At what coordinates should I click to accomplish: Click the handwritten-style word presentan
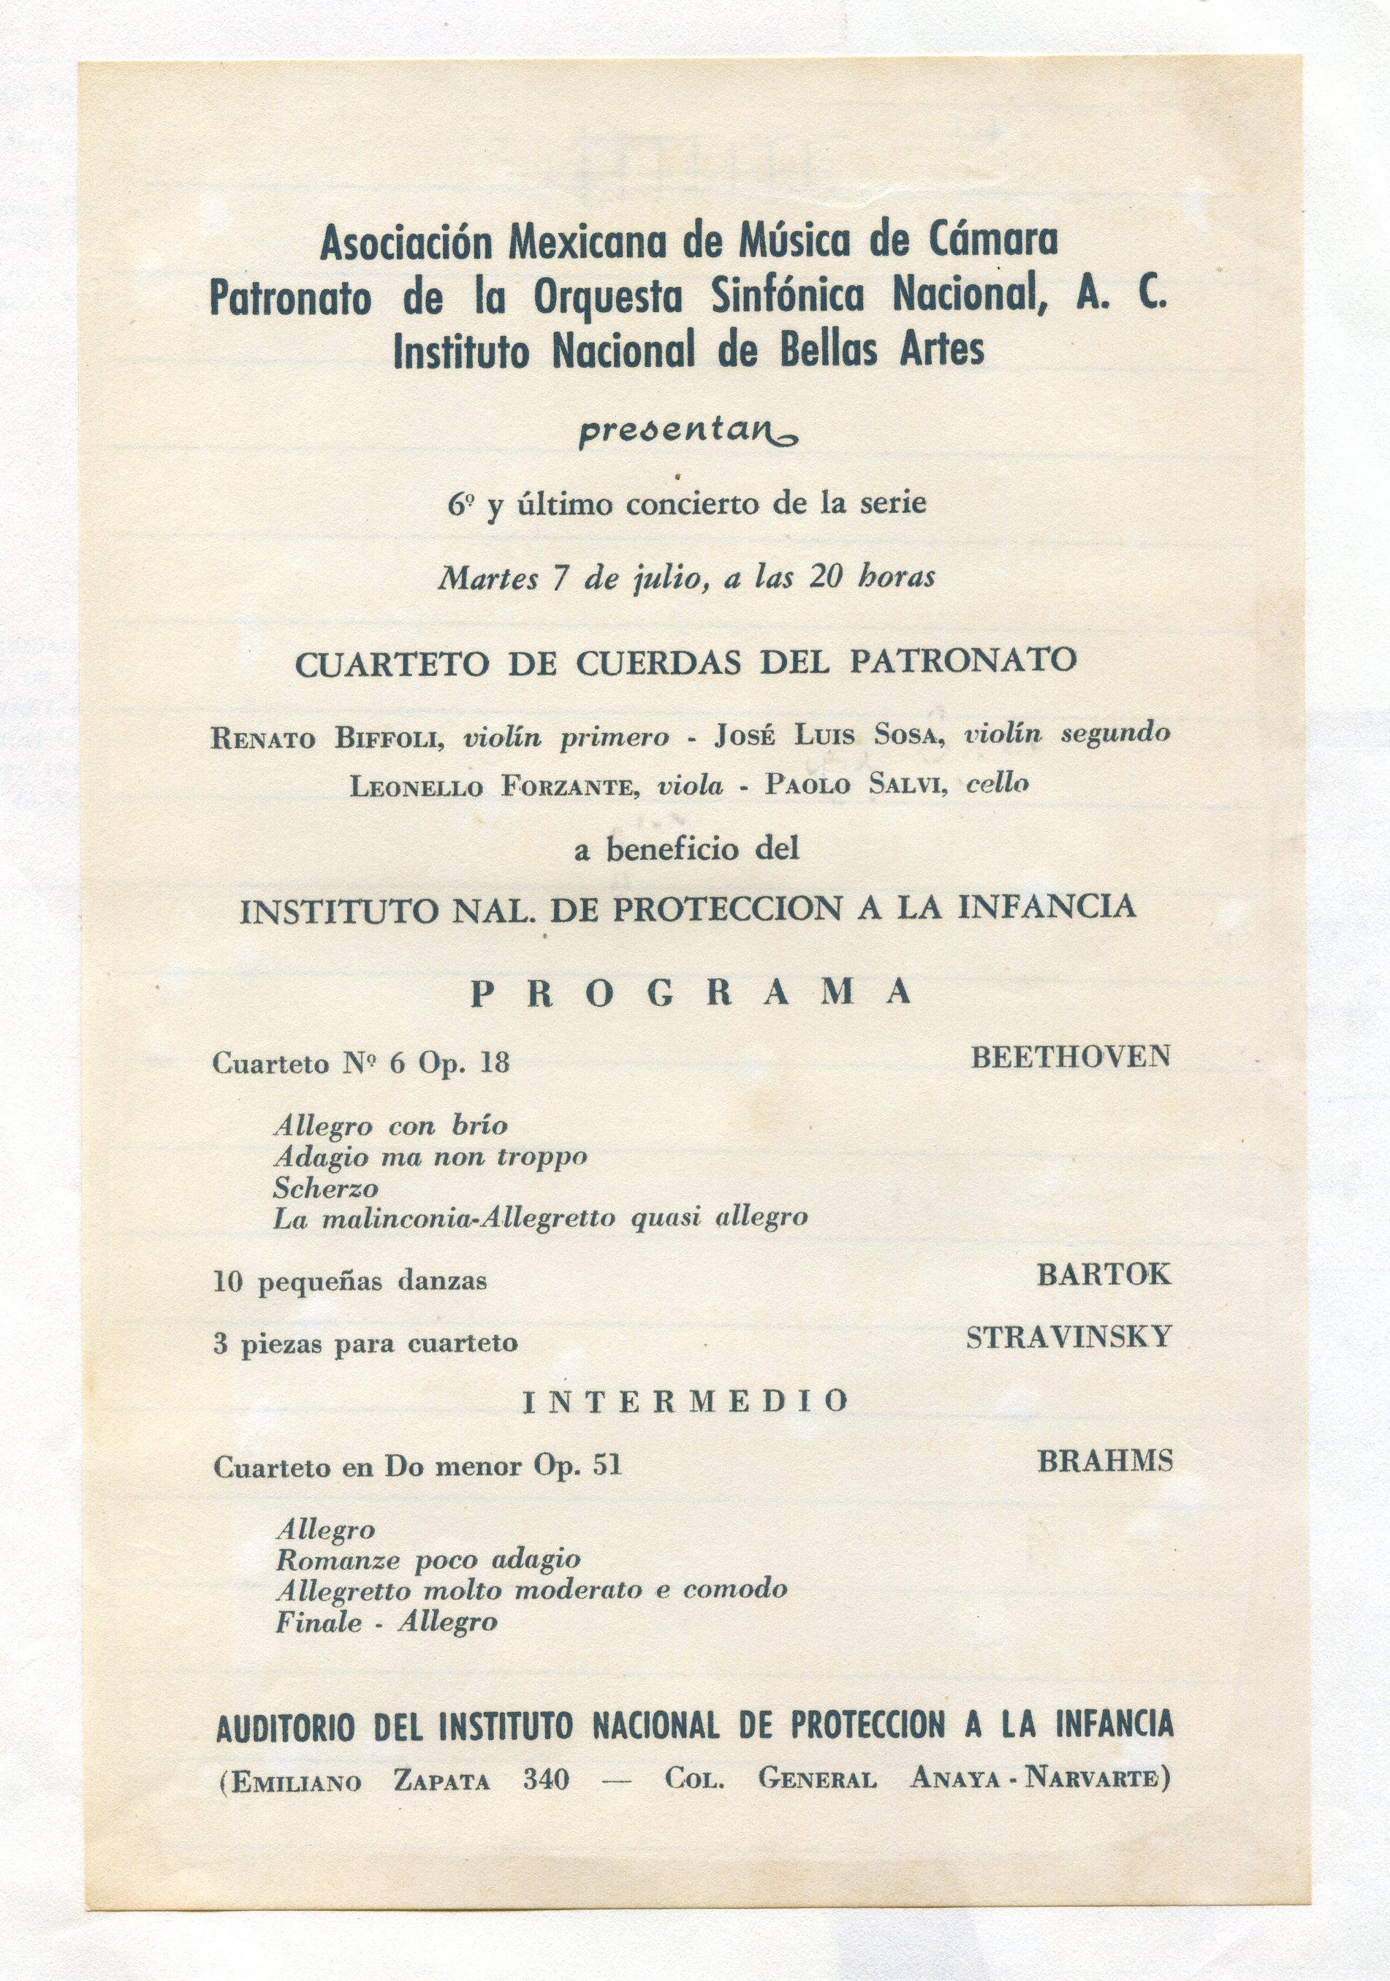click(x=687, y=431)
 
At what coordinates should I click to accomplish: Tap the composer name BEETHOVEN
click(x=1070, y=1057)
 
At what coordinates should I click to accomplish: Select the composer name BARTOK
click(x=1104, y=1275)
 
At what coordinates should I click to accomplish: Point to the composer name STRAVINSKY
click(x=1068, y=1338)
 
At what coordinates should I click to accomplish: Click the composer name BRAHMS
click(x=1104, y=1461)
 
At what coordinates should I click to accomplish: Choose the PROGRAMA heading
click(x=691, y=993)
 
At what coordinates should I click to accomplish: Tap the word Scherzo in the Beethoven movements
click(x=325, y=1189)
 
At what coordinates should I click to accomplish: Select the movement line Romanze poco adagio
click(x=428, y=1560)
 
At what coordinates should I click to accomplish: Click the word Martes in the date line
click(x=488, y=578)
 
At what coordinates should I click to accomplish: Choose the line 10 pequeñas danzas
click(x=349, y=1281)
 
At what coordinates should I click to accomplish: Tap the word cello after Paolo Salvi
click(x=997, y=783)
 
